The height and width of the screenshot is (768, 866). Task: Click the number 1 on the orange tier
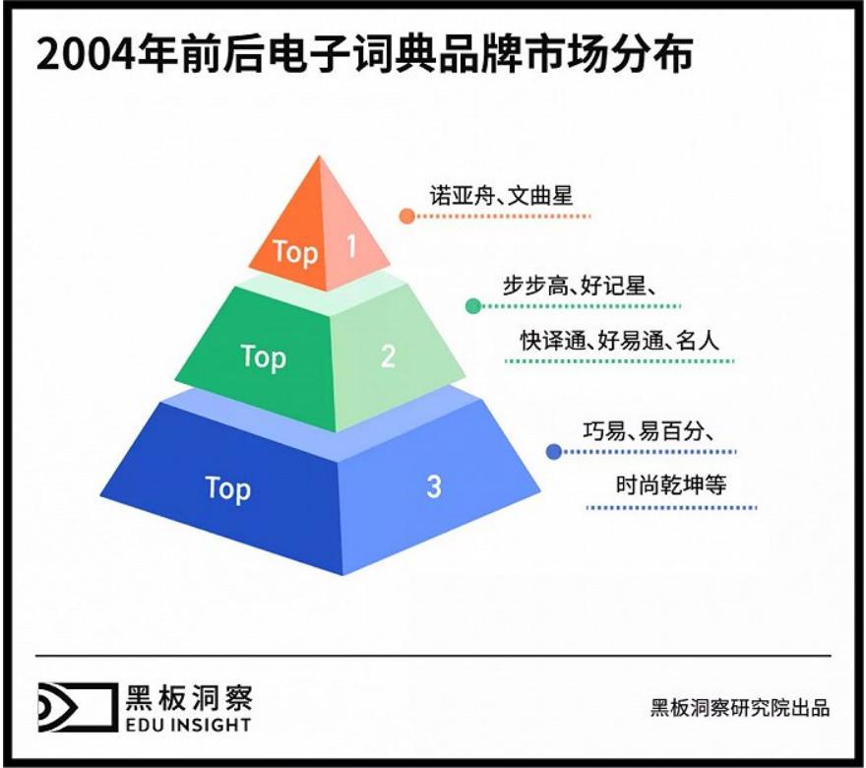[351, 246]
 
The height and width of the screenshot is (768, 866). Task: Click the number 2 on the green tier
[388, 355]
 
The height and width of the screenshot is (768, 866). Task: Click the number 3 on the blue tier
[434, 485]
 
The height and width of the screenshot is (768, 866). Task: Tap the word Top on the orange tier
[295, 252]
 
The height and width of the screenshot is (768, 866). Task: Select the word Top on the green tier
[263, 356]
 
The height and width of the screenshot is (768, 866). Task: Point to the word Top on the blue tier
[227, 488]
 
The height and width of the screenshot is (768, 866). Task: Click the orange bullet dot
[405, 215]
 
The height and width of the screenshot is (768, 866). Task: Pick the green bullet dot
[473, 306]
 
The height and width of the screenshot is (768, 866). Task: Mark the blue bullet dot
[553, 452]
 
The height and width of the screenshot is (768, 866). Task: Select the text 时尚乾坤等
[671, 485]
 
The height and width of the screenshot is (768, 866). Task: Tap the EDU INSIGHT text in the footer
[188, 726]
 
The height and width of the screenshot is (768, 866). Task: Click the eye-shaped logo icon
[75, 706]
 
